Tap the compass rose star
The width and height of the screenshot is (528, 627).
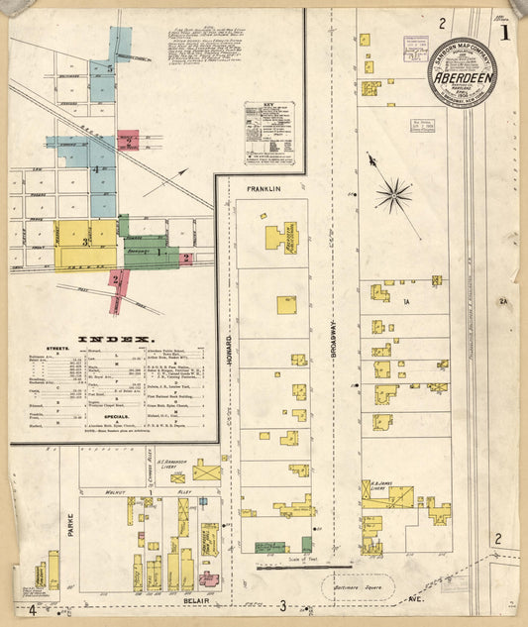coord(392,193)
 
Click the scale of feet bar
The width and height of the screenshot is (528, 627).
coord(303,568)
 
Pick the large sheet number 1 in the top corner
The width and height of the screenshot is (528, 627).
coord(505,33)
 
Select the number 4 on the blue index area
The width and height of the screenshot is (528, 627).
coord(95,169)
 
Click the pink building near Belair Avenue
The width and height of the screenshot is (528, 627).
coord(208,578)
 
